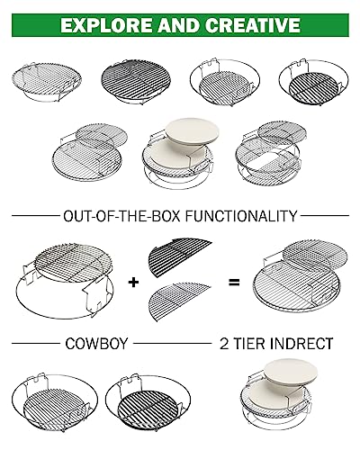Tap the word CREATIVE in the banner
click(253, 25)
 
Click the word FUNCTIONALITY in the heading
click(241, 216)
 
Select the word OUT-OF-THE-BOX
click(122, 216)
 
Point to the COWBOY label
click(96, 343)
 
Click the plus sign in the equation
click(133, 282)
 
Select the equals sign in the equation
click(234, 282)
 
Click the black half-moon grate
click(177, 255)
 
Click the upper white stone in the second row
click(192, 133)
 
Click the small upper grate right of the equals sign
click(315, 255)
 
